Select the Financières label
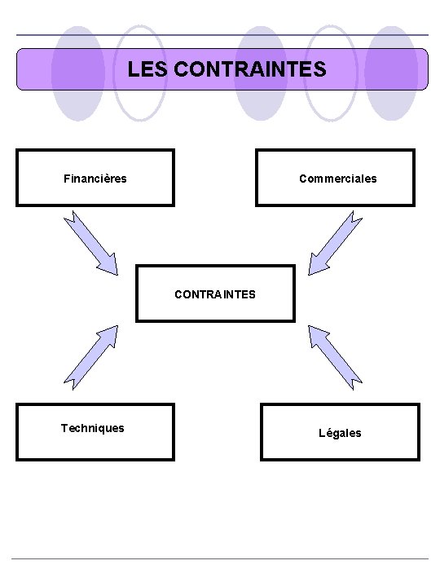(x=95, y=178)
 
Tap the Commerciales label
(x=337, y=178)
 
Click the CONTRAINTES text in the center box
(x=214, y=293)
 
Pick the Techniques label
(x=93, y=428)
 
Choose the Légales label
(x=340, y=433)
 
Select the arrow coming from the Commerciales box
(x=336, y=241)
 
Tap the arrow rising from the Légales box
(x=336, y=355)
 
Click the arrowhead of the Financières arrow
(x=109, y=263)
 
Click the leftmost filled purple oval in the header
(x=77, y=73)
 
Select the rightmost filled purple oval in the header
(x=391, y=73)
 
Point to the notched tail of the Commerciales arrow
(x=356, y=218)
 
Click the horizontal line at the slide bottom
(x=220, y=558)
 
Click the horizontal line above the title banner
(x=220, y=35)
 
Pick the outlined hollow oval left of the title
(x=140, y=73)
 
